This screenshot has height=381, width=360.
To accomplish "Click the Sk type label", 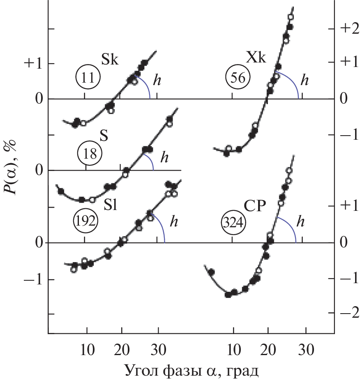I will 110,60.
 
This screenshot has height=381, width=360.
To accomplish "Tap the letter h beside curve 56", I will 304,80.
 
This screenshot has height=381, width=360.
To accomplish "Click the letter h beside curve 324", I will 301,222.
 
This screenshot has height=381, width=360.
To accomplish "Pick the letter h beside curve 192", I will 174,222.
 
